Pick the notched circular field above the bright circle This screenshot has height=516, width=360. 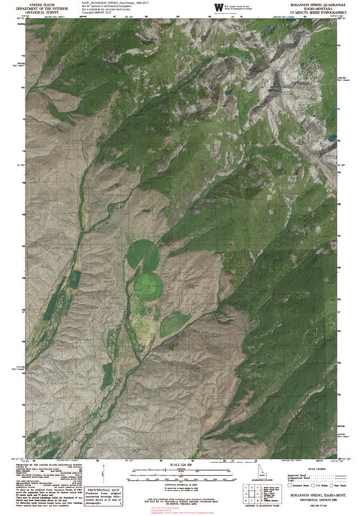[x=141, y=253]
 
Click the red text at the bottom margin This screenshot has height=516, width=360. [x=177, y=509]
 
